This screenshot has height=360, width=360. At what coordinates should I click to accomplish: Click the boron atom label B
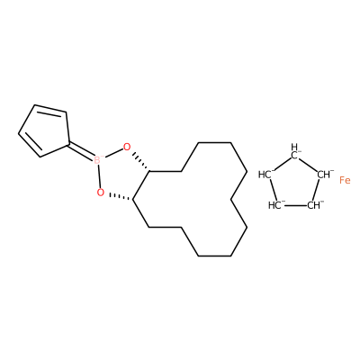click(97, 160)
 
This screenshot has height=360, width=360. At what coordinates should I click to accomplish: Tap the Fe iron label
click(345, 180)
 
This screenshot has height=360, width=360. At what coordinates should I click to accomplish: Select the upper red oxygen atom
click(127, 147)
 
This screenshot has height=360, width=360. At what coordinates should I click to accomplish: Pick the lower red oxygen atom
click(101, 193)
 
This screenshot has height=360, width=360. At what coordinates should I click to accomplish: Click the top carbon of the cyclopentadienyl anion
click(295, 152)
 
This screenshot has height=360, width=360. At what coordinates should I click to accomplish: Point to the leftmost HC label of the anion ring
click(266, 175)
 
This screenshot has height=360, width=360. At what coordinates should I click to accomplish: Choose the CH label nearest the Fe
click(325, 174)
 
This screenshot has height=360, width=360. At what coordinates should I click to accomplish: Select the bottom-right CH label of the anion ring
click(315, 205)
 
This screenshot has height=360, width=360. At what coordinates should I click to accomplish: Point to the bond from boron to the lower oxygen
click(99, 176)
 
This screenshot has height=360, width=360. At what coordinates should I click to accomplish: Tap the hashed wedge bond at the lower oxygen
click(121, 197)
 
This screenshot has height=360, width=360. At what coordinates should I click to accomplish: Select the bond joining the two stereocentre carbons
click(141, 185)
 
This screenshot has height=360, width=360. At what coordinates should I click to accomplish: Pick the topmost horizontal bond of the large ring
click(214, 142)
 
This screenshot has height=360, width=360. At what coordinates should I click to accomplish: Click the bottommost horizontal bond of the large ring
click(214, 256)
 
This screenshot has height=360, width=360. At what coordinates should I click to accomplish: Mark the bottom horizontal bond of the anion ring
click(296, 206)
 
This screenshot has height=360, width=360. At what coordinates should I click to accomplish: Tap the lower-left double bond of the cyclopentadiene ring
click(29, 145)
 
